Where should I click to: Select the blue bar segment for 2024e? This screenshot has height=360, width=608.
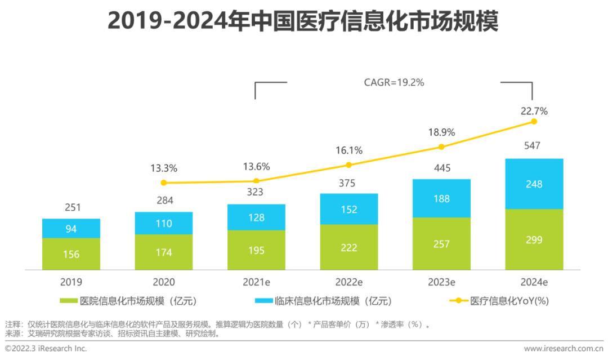[534, 184]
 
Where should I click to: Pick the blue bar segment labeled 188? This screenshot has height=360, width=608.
[441, 198]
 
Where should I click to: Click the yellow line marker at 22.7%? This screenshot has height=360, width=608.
[534, 121]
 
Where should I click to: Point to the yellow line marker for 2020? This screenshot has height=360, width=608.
[164, 183]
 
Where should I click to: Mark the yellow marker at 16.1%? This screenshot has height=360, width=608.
[348, 165]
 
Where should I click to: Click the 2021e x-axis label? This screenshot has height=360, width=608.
[256, 281]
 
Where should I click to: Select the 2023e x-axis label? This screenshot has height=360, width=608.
[441, 281]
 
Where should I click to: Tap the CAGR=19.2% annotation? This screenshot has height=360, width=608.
[394, 82]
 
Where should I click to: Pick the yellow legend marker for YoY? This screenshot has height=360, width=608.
[458, 301]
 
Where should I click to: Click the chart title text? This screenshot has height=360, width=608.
[303, 23]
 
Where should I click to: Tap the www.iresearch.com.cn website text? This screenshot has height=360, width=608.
[563, 349]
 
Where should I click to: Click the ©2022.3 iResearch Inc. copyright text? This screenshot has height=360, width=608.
[46, 349]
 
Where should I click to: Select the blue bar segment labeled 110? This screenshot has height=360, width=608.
[164, 223]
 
